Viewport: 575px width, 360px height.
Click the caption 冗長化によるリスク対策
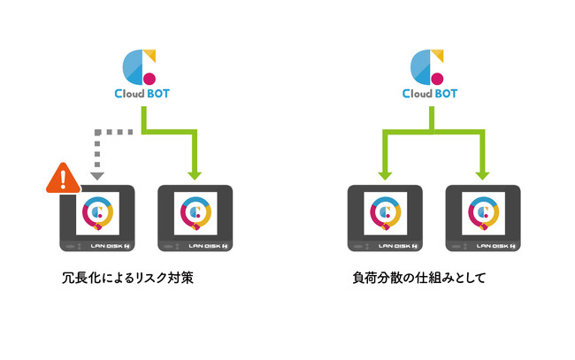point(122,277)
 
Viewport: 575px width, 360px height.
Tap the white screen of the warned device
point(97,212)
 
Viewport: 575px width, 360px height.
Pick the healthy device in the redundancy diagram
point(195,218)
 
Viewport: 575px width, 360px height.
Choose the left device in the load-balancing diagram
point(385,218)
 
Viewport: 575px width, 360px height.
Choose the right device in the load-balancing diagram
point(482,218)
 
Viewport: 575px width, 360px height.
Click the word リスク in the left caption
point(146,277)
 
